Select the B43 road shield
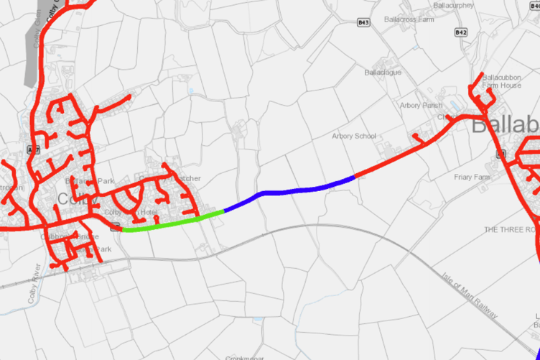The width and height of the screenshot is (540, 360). (x=363, y=23)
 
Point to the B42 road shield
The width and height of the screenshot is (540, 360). (x=461, y=32)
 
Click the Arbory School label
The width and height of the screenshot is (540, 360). (x=354, y=136)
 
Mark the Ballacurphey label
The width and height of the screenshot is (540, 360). (x=454, y=5)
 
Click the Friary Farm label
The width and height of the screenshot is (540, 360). (x=472, y=177)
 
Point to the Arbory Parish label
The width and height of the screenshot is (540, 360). (x=421, y=106)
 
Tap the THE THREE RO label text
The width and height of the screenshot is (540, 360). (x=511, y=229)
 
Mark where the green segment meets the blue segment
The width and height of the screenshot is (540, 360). (x=224, y=211)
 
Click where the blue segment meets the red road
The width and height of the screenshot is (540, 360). (x=355, y=176)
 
